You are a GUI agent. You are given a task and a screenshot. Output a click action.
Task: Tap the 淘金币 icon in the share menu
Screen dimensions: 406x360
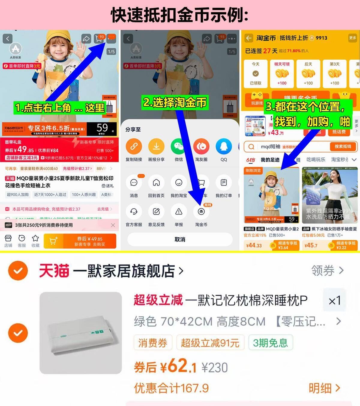click(201, 212)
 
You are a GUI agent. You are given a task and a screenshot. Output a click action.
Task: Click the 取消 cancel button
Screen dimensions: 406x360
click(180, 239)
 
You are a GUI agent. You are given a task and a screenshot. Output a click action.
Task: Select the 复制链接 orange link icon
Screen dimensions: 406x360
click(134, 147)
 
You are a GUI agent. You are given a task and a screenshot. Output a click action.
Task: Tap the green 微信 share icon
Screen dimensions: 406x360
click(179, 147)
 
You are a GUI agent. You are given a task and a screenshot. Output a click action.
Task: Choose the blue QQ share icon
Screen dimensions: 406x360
click(224, 147)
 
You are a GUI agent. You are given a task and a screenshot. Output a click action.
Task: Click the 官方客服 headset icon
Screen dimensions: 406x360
click(134, 212)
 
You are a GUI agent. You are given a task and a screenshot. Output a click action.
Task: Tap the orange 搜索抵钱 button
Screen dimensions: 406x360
click(342, 147)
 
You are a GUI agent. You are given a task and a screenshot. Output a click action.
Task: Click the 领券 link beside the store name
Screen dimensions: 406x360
click(327, 271)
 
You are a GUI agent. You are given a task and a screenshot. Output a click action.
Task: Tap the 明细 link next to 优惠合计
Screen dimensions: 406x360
click(324, 388)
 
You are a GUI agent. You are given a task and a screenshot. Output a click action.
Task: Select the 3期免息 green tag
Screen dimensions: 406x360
click(270, 343)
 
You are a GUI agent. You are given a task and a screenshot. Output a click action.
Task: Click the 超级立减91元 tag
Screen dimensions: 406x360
click(210, 343)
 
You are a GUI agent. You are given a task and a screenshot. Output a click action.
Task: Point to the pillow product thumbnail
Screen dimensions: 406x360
click(81, 333)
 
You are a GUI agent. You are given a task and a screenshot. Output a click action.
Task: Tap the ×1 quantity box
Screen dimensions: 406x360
click(334, 301)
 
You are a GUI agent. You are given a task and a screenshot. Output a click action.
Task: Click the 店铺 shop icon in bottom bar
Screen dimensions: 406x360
click(8, 241)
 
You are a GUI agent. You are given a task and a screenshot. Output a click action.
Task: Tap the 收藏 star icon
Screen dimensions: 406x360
click(35, 241)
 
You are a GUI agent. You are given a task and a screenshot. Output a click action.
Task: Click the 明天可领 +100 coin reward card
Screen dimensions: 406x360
click(282, 74)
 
